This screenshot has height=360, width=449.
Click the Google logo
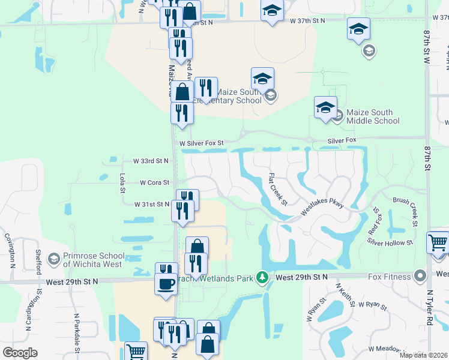pos(20,353)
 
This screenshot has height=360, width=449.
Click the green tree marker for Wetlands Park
pos(262,277)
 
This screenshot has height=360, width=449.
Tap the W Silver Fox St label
pos(202,143)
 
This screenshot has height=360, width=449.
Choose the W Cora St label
pos(155,182)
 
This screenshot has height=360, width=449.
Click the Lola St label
pos(122,183)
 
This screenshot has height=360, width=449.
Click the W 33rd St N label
pos(151,161)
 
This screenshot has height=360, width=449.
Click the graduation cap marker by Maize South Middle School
pos(325,107)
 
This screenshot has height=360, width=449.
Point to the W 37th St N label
pos(306,20)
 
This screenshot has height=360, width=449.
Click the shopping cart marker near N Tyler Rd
pos(438,242)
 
